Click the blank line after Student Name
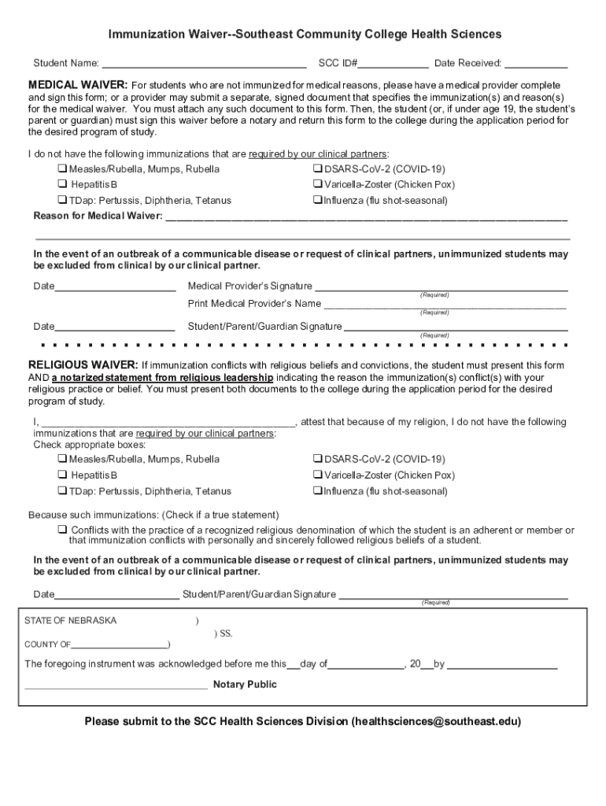204,64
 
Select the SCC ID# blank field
394,64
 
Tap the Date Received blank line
536,64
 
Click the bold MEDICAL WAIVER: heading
78,84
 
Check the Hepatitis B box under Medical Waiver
61,185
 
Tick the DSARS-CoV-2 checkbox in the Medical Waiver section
317,169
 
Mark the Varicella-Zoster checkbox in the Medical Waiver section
317,185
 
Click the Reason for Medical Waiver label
98,216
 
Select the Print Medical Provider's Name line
445,305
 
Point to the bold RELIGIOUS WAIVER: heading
83,365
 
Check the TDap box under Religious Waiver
61,491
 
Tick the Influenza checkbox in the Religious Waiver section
317,491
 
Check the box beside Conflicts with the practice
61,530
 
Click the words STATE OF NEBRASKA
71,621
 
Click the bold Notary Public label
245,685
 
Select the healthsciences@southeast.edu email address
436,721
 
